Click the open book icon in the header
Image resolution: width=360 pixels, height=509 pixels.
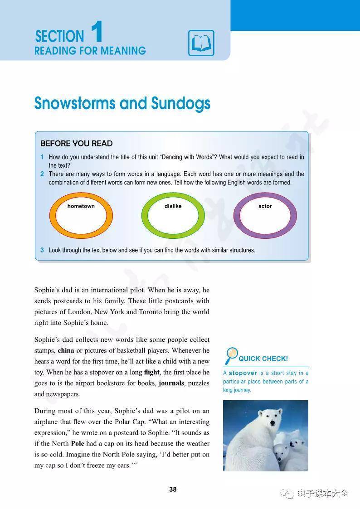(201, 43)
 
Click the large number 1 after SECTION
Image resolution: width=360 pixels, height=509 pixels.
(97, 32)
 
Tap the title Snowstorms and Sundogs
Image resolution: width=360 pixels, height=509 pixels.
(122, 103)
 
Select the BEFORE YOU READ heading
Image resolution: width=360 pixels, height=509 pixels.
(76, 143)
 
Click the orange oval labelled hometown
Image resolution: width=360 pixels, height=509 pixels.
(81, 216)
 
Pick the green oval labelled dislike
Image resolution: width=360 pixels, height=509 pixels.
(173, 216)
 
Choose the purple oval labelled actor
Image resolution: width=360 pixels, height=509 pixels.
(265, 216)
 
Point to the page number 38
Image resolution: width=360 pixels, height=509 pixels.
(173, 490)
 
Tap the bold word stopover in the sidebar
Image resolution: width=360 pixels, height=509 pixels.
(243, 373)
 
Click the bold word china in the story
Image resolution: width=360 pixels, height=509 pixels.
(66, 350)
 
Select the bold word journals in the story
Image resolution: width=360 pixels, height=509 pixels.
(171, 383)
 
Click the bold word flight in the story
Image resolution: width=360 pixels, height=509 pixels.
(151, 372)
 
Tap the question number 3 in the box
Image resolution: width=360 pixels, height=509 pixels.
(42, 250)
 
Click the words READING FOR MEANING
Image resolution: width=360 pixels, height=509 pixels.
(90, 51)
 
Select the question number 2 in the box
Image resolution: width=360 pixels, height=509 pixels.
(42, 174)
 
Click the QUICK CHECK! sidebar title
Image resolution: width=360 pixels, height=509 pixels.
(263, 359)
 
